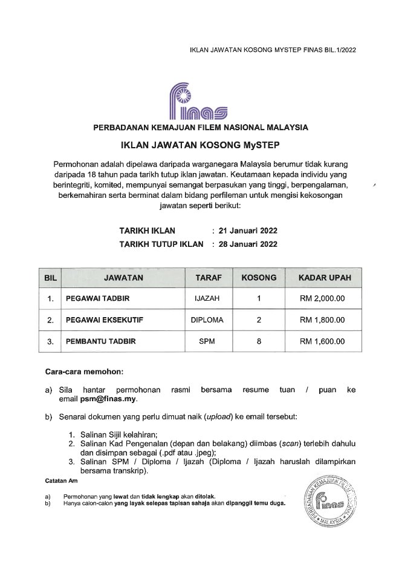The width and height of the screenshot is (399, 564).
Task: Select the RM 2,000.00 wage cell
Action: pos(322,298)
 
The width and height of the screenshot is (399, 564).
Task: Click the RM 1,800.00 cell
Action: pos(322,320)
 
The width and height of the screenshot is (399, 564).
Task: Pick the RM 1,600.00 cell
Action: pos(322,341)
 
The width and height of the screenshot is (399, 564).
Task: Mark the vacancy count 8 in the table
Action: pos(259,341)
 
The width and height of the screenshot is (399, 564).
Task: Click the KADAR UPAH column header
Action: pos(322,278)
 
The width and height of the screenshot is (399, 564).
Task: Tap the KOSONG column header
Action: pos(259,278)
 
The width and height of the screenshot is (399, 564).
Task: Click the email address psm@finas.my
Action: pos(108,399)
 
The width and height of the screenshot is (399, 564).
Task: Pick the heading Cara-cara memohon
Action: pos(84,370)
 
